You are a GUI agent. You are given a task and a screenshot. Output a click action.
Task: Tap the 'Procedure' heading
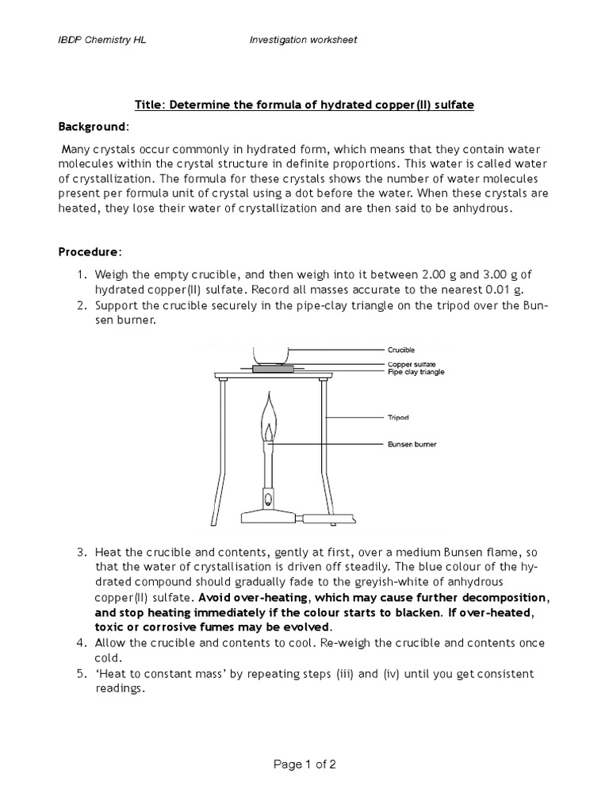(x=89, y=252)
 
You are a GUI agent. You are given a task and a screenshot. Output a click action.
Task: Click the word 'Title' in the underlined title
(x=148, y=105)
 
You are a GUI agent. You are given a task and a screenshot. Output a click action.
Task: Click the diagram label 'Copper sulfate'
(x=412, y=364)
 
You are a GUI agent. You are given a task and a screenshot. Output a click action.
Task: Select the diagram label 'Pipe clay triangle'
(x=416, y=372)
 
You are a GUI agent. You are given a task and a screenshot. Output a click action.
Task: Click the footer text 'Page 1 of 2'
(x=304, y=765)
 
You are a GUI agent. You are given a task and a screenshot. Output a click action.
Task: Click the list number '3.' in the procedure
(x=82, y=551)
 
